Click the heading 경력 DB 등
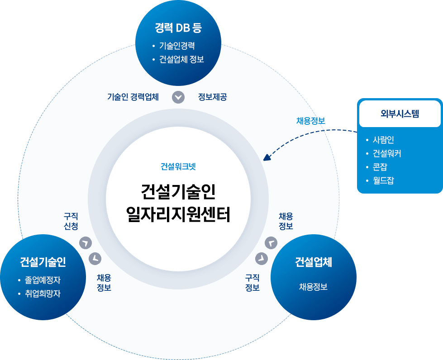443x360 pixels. [178, 28]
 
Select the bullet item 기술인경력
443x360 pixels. [177, 46]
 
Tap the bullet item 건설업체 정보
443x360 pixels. [181, 59]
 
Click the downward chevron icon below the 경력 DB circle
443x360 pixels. [179, 97]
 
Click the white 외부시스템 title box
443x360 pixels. [400, 114]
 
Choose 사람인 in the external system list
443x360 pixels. [383, 140]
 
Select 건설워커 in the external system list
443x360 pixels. [387, 153]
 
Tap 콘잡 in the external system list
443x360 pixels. [380, 167]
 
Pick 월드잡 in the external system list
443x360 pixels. [383, 180]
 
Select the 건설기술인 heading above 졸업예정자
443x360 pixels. [43, 261]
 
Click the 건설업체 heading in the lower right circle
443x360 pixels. [314, 262]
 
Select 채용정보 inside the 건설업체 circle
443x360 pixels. [313, 286]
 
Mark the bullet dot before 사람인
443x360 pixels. [367, 140]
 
